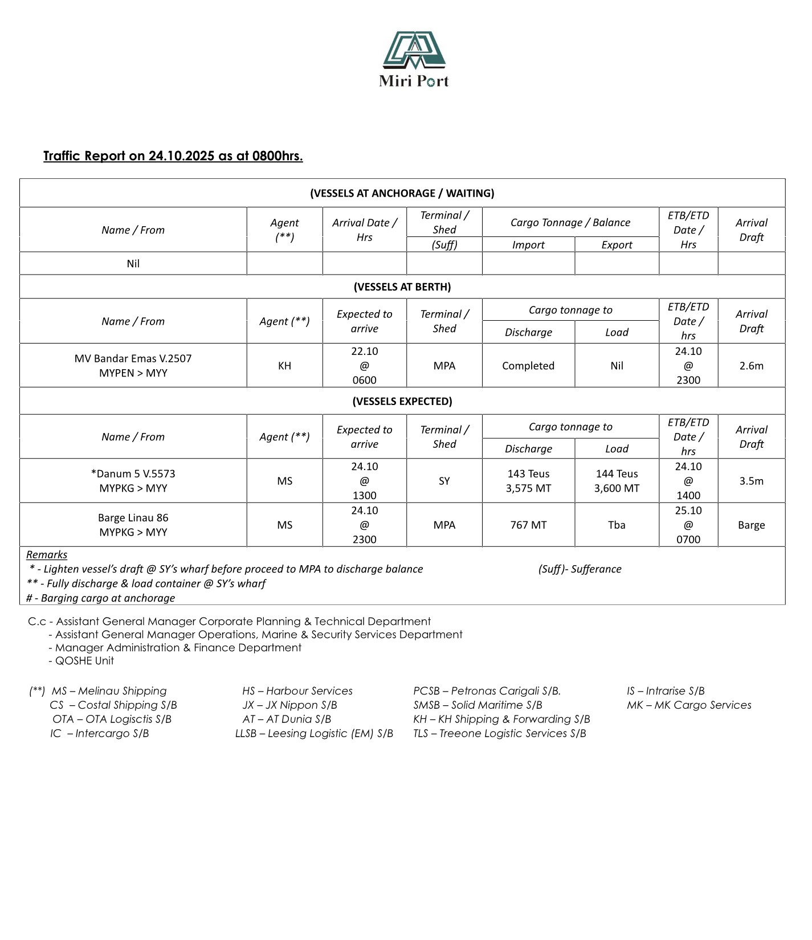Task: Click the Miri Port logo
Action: coord(414,59)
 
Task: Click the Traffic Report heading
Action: coord(173,156)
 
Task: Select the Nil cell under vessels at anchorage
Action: coord(133,264)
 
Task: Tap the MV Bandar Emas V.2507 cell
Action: coord(133,366)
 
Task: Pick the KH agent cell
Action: coord(284,366)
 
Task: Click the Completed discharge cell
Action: coord(528,366)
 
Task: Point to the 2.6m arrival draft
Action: coord(751,366)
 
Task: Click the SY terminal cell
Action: coord(444,481)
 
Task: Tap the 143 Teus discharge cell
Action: coord(528,481)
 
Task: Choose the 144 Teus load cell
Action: coord(617,481)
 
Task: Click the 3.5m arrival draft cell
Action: coord(751,481)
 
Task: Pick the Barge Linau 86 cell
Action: coord(133,525)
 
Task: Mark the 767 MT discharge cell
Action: coord(528,525)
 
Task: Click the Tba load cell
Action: coord(617,525)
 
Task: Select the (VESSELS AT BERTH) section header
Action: coord(402,287)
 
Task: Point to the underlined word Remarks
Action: coord(47,555)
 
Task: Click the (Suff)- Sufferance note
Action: coord(580,569)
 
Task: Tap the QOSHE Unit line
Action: coord(84,661)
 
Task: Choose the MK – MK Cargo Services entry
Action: coord(688,705)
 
